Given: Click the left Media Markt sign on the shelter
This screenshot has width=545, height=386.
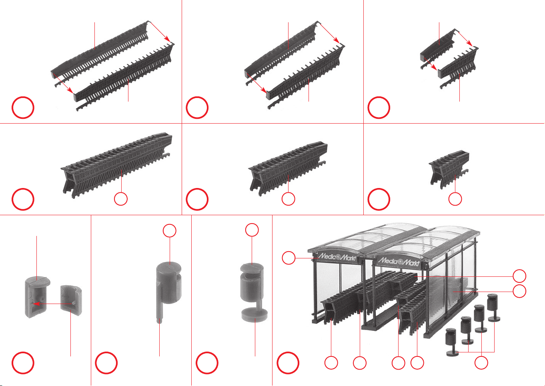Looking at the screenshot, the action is [x=337, y=257].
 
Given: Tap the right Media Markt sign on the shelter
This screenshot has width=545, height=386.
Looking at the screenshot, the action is [x=399, y=261].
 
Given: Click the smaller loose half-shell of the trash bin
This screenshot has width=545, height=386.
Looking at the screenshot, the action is [x=71, y=300].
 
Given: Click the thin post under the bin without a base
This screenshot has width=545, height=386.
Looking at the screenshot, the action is [x=159, y=313].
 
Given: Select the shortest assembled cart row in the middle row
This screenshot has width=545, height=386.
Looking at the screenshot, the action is [x=449, y=169].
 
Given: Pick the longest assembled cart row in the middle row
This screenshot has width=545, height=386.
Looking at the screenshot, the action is [x=117, y=165].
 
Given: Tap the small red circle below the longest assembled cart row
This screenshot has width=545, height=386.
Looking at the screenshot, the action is [x=121, y=199].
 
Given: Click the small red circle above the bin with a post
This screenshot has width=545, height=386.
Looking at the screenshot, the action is [x=170, y=230].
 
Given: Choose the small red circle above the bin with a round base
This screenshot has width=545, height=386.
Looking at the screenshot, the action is [x=252, y=230].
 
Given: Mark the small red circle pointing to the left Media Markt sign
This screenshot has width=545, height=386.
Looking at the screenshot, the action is [x=289, y=258].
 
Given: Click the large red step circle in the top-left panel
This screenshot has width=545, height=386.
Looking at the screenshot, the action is [x=23, y=108].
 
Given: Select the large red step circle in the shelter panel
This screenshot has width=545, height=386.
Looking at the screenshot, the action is [x=288, y=363].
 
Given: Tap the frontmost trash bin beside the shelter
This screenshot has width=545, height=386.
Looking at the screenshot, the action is [x=452, y=342].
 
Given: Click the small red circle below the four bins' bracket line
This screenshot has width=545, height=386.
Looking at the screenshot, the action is [x=481, y=363].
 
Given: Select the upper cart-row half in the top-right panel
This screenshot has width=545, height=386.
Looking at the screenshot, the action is [x=437, y=49].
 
